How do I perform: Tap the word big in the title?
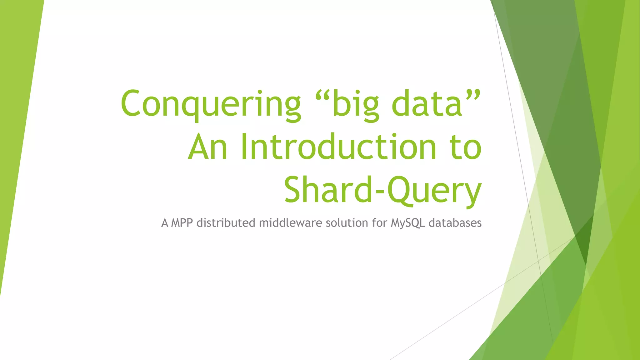coord(356,104)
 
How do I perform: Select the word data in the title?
coord(427,104)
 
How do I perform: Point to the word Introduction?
coord(338,147)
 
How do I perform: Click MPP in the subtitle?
coord(182,223)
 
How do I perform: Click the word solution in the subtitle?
coord(347,223)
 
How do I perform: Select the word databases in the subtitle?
coord(455,223)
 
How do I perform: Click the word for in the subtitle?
coord(379,223)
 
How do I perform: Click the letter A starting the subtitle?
coord(165,223)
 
